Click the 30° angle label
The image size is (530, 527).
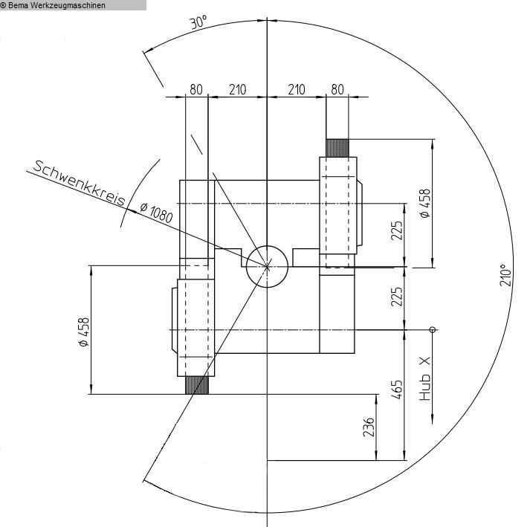coord(198,22)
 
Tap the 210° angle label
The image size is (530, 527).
coord(506,275)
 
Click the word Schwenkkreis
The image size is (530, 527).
coord(80,183)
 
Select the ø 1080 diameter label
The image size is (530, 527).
coord(157,213)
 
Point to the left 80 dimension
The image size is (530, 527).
coord(196,90)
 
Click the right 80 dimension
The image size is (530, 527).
coord(337,90)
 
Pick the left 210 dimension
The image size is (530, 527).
coord(238,90)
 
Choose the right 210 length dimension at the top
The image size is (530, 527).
coord(297,90)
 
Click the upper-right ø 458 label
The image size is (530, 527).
coord(425,203)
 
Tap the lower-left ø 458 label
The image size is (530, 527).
coord(83,332)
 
